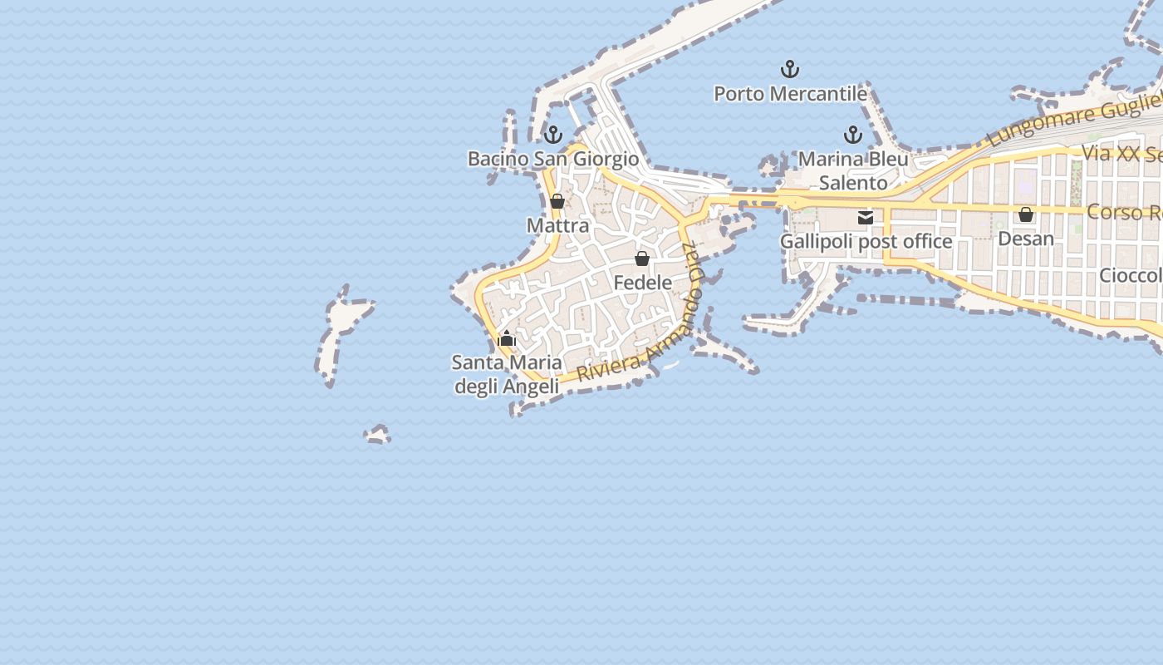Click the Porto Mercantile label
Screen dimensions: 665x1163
790,94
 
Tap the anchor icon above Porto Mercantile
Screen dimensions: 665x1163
789,69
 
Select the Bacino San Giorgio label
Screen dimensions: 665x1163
553,159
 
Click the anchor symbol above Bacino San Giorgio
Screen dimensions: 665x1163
553,134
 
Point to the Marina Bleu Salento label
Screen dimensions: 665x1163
853,170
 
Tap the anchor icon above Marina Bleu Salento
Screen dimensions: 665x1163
853,134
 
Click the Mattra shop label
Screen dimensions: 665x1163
557,225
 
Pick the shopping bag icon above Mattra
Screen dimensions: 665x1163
557,201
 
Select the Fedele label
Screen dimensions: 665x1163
642,283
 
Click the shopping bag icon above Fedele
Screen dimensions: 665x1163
642,259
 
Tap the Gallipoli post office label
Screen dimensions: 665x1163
866,242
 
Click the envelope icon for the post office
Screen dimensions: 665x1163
866,218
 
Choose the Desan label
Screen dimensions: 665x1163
1026,239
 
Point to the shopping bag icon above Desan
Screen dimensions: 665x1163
1026,214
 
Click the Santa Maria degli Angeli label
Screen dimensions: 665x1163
507,374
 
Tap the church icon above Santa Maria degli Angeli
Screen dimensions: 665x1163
507,338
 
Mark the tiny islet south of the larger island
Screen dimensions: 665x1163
377,435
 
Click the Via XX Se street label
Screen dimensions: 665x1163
1121,154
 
